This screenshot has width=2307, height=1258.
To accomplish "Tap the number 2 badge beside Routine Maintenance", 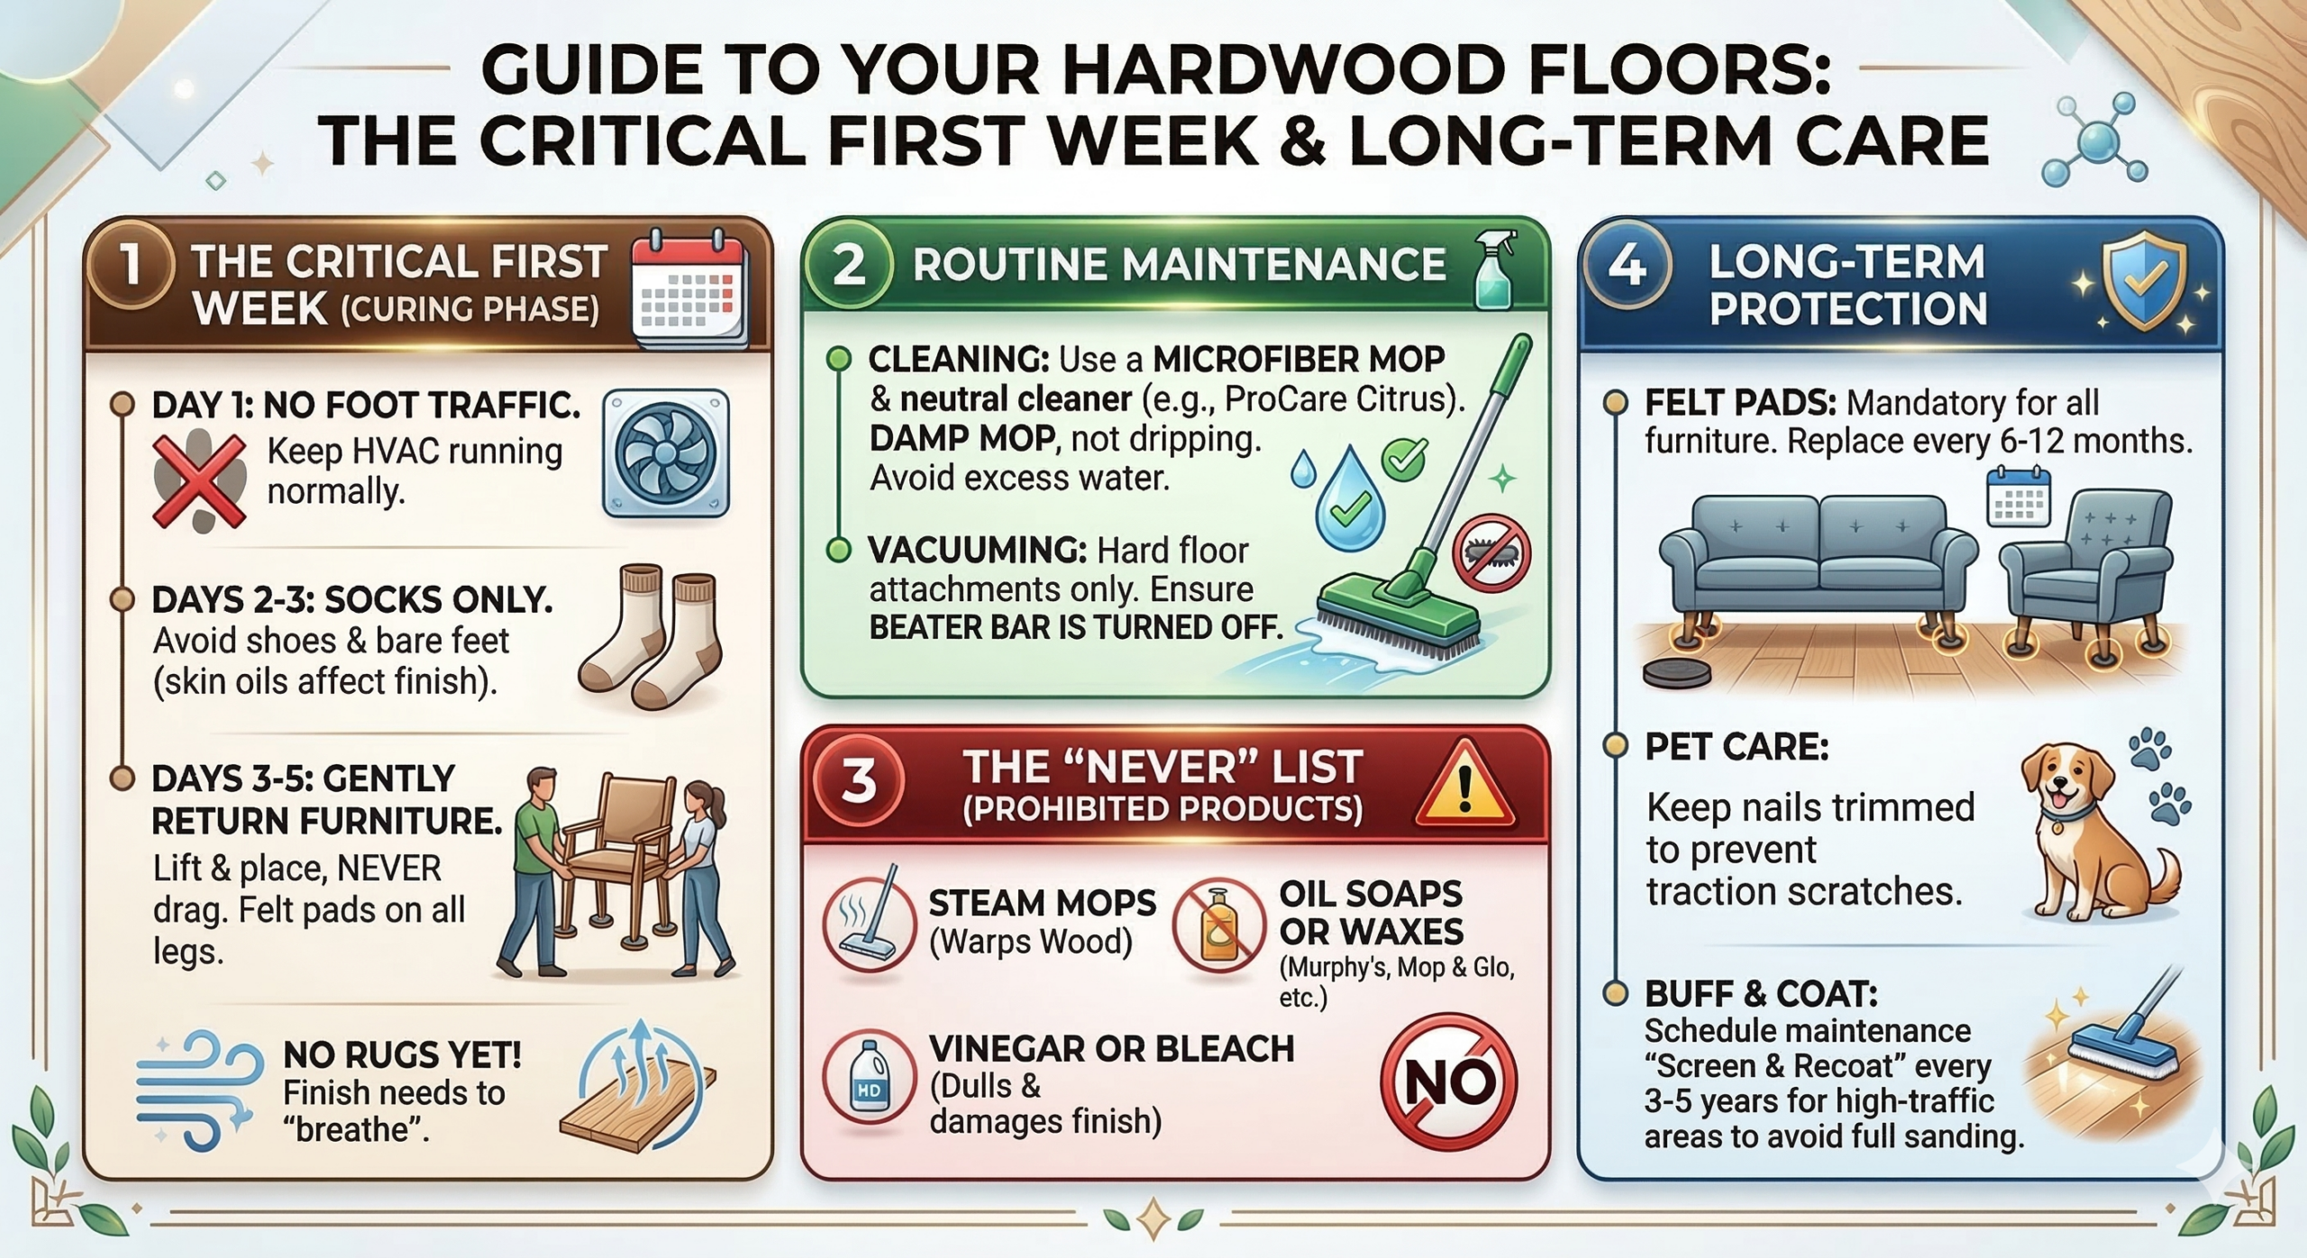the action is [x=848, y=265].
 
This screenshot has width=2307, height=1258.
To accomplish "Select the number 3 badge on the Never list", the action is [x=858, y=779].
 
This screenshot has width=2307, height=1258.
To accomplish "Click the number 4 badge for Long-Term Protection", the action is [x=1628, y=265].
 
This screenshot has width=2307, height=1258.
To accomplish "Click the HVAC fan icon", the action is [x=665, y=453].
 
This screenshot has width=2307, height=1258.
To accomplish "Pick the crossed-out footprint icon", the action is [x=199, y=480].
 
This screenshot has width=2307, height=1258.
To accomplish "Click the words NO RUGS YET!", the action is [x=402, y=1054].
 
